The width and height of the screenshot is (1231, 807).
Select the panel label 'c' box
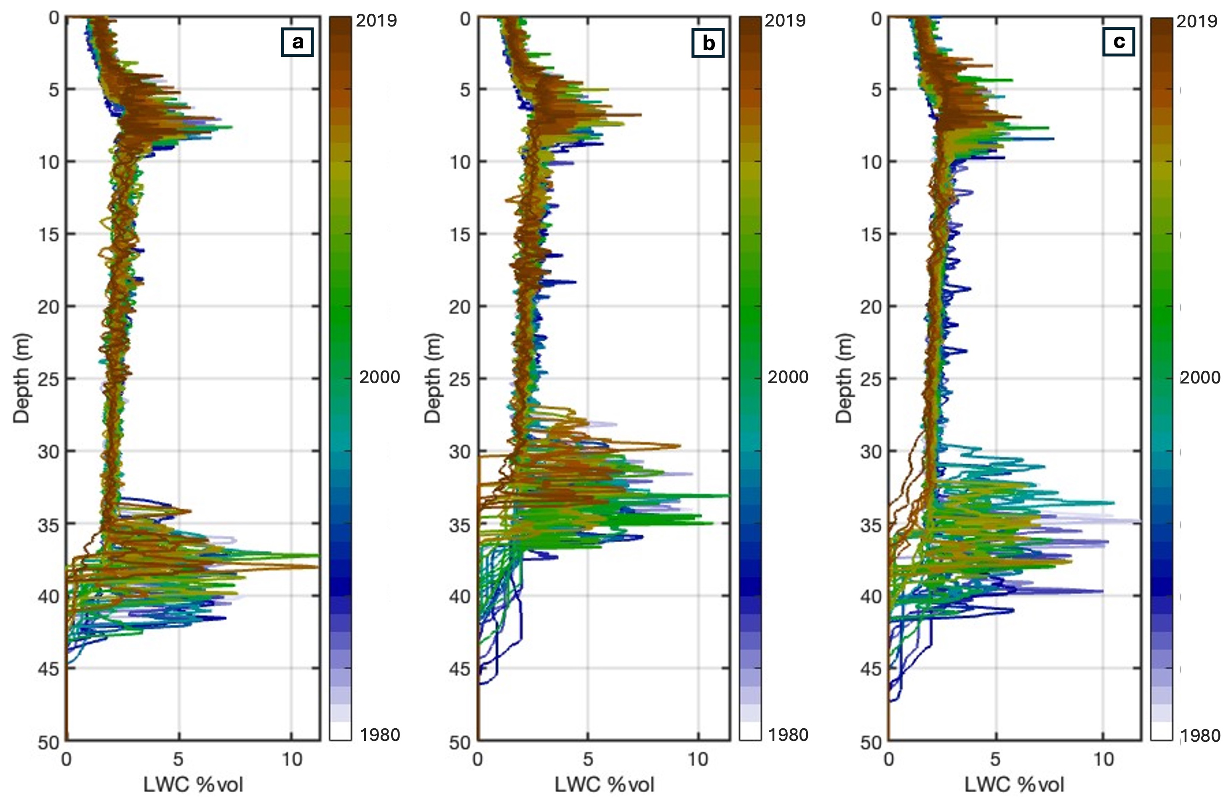1119,41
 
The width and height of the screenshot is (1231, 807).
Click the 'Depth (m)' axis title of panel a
22,379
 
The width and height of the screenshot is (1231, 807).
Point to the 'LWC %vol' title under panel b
605,785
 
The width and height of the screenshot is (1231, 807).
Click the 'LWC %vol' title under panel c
1014,785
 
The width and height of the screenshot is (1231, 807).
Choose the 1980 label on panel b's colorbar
787,735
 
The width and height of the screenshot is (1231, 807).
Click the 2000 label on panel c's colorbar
1200,377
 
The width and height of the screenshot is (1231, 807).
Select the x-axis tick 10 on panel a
292,759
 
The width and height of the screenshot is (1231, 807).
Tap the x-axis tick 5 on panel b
588,759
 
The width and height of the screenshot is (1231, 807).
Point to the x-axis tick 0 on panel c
889,759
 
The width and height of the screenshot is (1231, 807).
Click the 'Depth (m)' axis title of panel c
844,379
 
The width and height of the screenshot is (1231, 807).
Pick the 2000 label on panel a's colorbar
380,377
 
